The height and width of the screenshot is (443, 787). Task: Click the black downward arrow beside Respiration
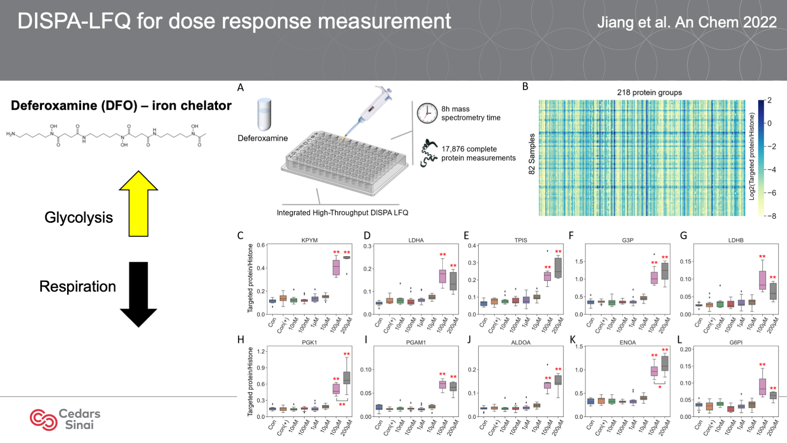pyautogui.click(x=139, y=294)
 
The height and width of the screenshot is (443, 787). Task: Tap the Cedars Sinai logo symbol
pyautogui.click(x=43, y=419)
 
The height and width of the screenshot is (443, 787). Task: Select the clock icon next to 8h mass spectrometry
pyautogui.click(x=427, y=113)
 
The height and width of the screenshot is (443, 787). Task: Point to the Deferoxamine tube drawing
pyautogui.click(x=265, y=114)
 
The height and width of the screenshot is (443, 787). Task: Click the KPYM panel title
pyautogui.click(x=309, y=240)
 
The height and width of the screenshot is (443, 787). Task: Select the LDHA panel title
pyautogui.click(x=416, y=240)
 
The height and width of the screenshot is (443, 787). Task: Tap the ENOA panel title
pyautogui.click(x=627, y=343)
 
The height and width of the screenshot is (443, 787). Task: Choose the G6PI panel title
pyautogui.click(x=736, y=343)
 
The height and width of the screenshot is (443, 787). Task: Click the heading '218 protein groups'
pyautogui.click(x=649, y=92)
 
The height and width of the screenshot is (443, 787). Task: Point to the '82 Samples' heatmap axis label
pyautogui.click(x=532, y=154)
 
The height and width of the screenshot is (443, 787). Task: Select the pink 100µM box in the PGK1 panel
pyautogui.click(x=336, y=388)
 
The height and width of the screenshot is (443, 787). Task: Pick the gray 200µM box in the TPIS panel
pyautogui.click(x=558, y=268)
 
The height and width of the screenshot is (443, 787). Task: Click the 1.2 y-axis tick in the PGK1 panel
pyautogui.click(x=261, y=352)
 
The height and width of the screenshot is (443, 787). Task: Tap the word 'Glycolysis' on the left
pyautogui.click(x=78, y=218)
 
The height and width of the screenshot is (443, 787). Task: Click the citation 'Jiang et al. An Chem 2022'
pyautogui.click(x=687, y=22)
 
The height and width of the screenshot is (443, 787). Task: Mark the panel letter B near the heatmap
pyautogui.click(x=525, y=87)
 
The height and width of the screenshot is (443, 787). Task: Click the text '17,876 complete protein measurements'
pyautogui.click(x=478, y=154)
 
